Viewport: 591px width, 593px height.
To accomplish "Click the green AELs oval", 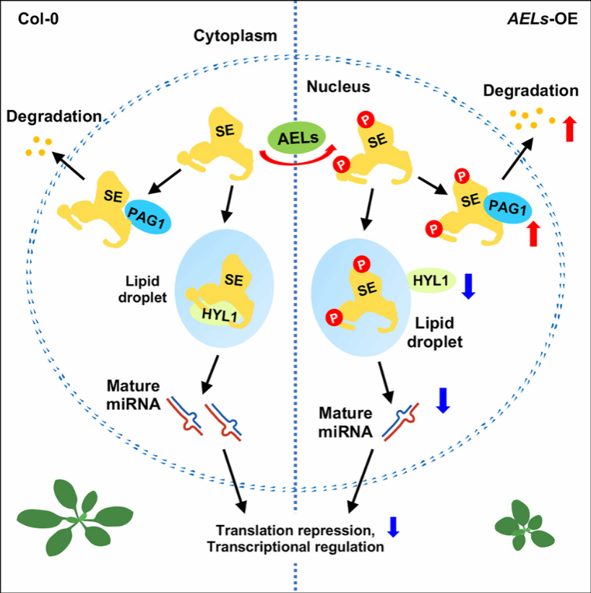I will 296,137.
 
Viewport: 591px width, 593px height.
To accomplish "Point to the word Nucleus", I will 339,87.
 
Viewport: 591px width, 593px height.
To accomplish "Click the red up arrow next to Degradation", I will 569,127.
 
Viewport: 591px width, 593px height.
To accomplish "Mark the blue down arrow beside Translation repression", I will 393,526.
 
